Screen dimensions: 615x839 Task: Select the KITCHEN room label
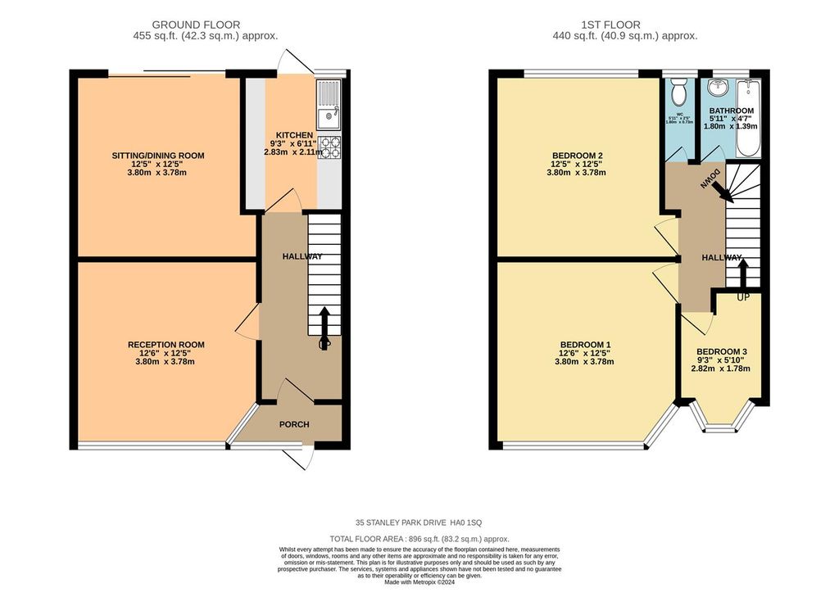pos(293,135)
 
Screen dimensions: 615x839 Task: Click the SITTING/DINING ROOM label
pos(158,156)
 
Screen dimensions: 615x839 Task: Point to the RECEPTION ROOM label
pos(166,345)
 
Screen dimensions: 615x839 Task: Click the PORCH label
pos(293,424)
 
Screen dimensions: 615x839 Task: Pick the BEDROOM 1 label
pos(585,345)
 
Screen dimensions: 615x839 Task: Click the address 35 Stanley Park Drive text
pos(419,522)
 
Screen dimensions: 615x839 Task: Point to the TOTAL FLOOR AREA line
pos(419,539)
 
